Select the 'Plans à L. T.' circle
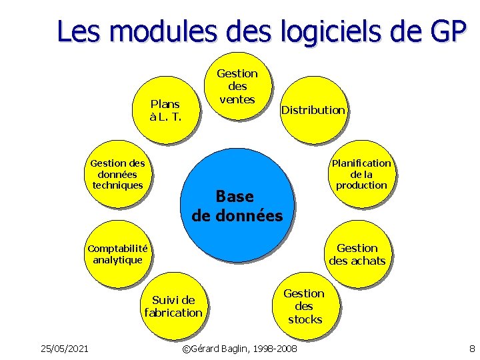tap(165, 111)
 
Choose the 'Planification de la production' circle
tap(361, 174)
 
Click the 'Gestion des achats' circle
tap(357, 254)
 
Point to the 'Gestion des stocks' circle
tap(304, 306)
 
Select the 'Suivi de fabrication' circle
tap(173, 306)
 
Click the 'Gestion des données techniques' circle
tap(118, 174)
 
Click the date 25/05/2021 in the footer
tap(65, 348)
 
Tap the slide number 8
tap(471, 348)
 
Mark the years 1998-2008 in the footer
tap(275, 349)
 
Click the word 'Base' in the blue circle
tap(235, 197)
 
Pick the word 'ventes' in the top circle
tap(237, 99)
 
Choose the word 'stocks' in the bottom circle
tap(305, 319)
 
